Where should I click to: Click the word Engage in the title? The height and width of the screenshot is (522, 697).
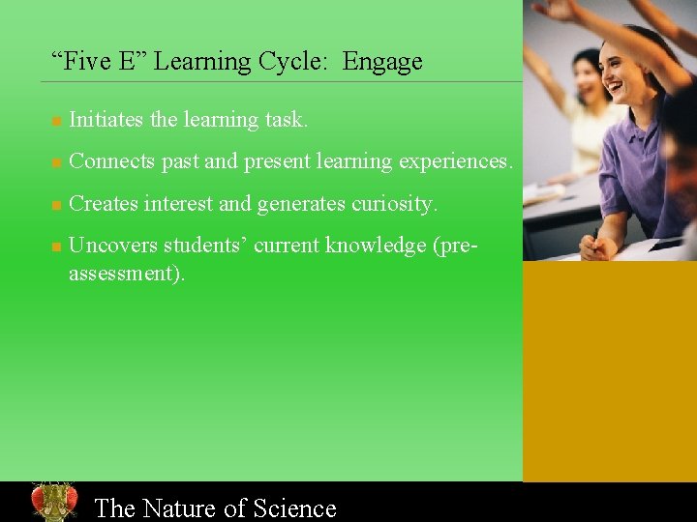(x=382, y=62)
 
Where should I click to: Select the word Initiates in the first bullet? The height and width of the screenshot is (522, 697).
(x=106, y=120)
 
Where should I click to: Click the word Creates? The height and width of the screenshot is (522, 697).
(x=104, y=204)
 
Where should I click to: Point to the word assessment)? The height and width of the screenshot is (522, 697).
(x=127, y=274)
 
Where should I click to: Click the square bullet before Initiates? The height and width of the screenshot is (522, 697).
(x=56, y=122)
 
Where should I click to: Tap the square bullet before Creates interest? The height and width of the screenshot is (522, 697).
(x=56, y=206)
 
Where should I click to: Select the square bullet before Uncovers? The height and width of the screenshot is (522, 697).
(x=56, y=247)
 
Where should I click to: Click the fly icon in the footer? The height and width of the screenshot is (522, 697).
(x=53, y=502)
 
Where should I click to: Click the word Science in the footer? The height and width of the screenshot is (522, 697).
(x=294, y=507)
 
